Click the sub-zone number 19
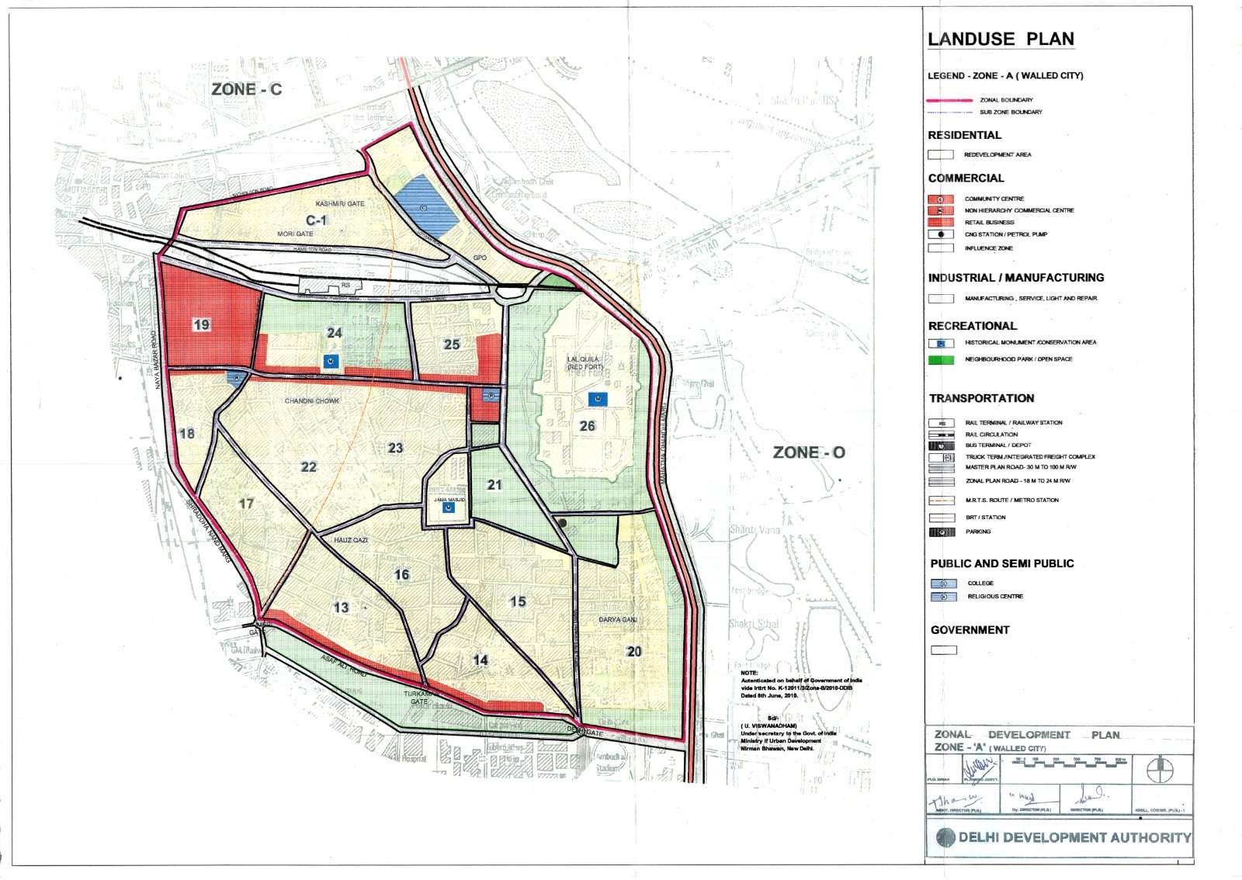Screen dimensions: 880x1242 point(202,324)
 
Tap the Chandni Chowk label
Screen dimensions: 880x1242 point(312,401)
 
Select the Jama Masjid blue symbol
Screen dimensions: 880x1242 point(448,508)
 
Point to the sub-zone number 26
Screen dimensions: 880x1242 point(588,426)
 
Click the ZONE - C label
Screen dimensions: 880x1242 point(246,89)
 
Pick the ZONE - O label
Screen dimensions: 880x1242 point(809,452)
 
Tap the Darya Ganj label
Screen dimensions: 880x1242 point(618,620)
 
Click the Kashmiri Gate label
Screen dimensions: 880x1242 point(340,203)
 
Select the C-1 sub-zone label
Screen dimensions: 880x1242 point(317,220)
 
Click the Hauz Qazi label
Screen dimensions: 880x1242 point(351,539)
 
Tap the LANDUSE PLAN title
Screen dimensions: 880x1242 point(1001,39)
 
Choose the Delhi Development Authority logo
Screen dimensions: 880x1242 point(945,837)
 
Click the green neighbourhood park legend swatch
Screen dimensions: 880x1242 point(941,359)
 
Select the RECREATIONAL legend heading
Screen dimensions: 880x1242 point(972,326)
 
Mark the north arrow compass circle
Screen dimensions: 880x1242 point(1160,770)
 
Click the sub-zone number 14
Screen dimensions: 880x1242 point(480,660)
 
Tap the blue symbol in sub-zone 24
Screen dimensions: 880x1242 point(331,361)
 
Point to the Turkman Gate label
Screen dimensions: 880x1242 point(418,697)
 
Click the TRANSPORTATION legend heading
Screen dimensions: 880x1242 point(981,398)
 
